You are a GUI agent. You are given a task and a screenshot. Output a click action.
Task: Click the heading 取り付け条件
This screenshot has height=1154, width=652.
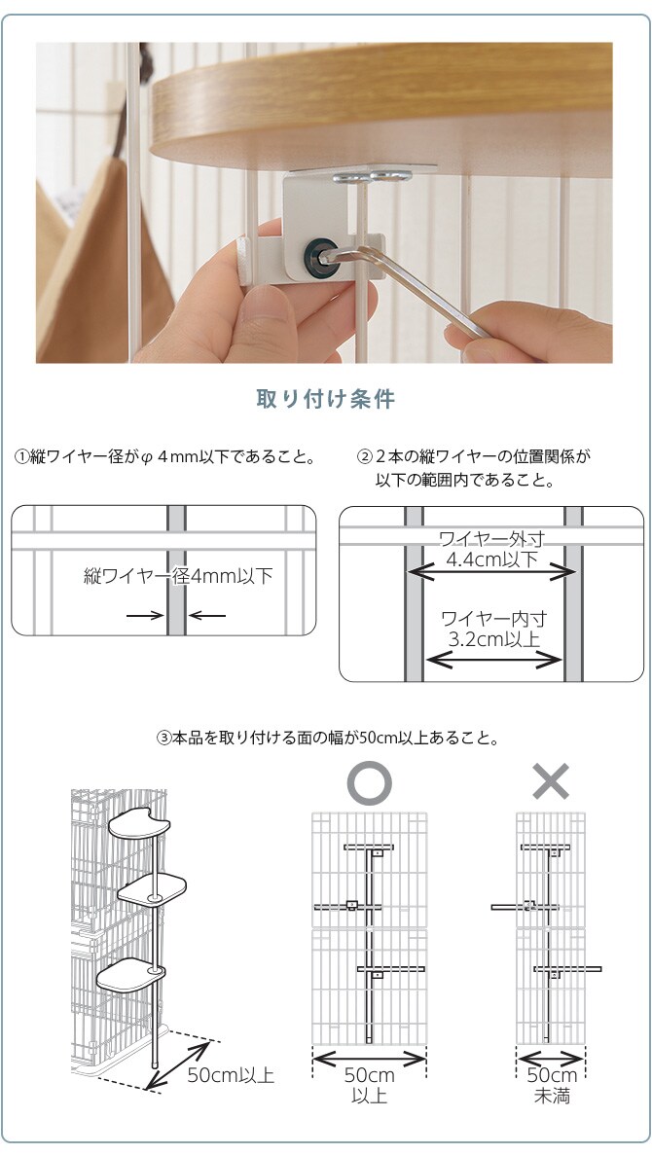coord(325,400)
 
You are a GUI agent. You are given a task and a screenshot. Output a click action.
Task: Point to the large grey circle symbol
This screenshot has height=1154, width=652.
coord(370,782)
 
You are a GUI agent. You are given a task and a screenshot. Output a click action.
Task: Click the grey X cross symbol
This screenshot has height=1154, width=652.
coord(551,781)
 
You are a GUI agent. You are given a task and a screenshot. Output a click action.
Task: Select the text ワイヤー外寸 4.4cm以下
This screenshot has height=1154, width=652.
coord(491,550)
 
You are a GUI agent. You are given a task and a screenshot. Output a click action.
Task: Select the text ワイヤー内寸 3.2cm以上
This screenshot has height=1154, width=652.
coord(493,629)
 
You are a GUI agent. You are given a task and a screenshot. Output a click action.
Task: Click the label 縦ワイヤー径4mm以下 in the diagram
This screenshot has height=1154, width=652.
coord(177,577)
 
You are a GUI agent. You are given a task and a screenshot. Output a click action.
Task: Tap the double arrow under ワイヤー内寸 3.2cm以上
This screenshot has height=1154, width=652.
coord(494,660)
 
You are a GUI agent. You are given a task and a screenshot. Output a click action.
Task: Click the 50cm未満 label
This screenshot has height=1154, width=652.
coord(551,1085)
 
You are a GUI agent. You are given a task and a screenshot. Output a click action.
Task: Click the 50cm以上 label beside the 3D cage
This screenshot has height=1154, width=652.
coord(231,1075)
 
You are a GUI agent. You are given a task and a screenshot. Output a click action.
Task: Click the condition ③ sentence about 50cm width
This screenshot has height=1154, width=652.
coord(327,739)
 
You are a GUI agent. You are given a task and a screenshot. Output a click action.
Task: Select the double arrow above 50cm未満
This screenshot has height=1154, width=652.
coord(551,1056)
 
